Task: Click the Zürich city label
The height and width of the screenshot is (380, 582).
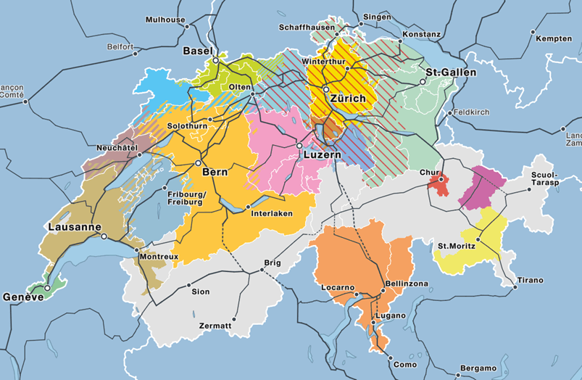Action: [x=346, y=99]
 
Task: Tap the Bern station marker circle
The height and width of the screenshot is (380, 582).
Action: [x=198, y=164]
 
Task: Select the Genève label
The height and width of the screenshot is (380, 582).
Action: [x=23, y=297]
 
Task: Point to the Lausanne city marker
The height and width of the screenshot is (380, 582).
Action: [x=104, y=236]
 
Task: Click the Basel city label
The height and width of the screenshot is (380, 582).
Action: [x=197, y=51]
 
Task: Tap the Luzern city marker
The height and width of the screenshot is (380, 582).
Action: [x=298, y=146]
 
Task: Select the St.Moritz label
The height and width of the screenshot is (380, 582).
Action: [x=457, y=247]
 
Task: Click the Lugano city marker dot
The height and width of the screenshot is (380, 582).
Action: [x=373, y=322]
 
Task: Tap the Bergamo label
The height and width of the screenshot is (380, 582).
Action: [x=478, y=368]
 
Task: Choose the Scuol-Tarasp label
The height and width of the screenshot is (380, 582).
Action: [x=544, y=180]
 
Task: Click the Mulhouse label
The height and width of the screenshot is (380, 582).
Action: [x=165, y=19]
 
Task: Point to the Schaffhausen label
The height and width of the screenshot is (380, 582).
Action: [x=307, y=28]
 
